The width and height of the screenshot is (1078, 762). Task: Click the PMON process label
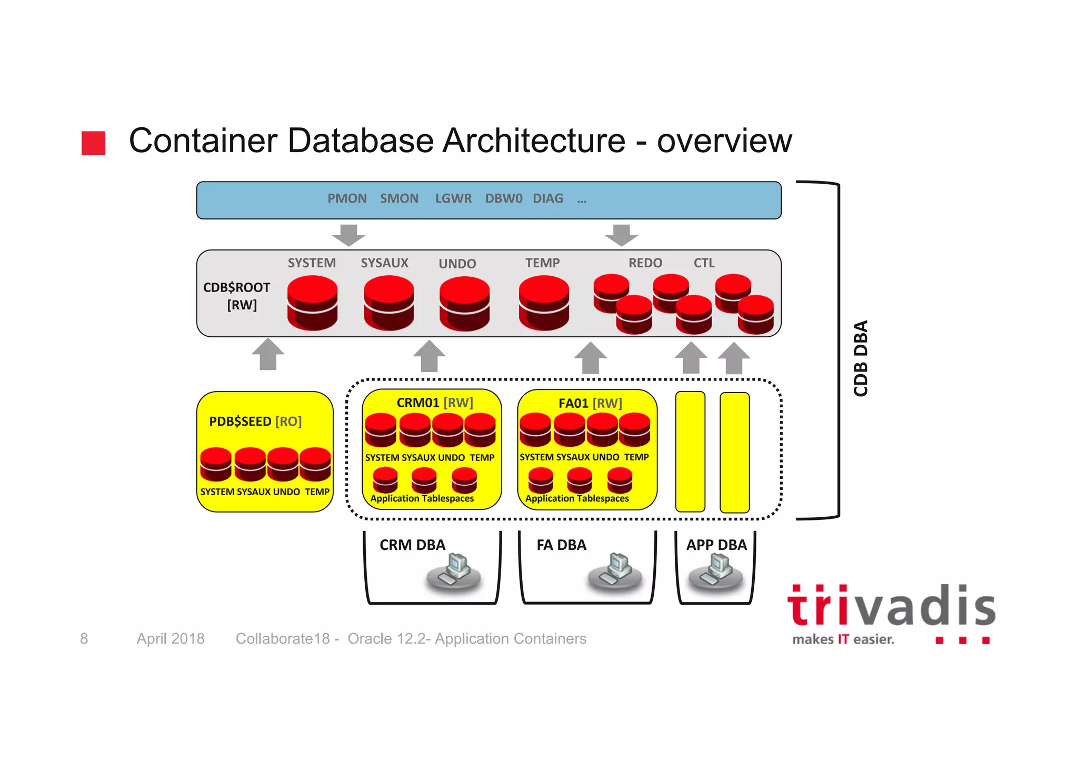coord(347,198)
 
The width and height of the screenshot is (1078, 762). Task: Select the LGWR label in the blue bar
coord(453,198)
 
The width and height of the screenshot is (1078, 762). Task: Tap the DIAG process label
coord(547,198)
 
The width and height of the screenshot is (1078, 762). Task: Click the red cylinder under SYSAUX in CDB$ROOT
coord(388,303)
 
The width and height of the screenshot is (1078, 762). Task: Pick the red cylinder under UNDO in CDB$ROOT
coord(464,304)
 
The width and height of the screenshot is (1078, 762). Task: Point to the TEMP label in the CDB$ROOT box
coord(542,263)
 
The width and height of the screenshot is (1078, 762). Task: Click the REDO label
coord(645,263)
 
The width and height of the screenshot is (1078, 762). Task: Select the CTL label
coord(704,263)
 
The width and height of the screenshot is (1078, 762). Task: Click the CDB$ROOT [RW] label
coord(237,296)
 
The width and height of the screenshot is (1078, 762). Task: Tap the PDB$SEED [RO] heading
coord(255,422)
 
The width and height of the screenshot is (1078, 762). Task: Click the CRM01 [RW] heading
coord(435,403)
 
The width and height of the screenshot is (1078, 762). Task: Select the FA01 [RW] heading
coord(590,403)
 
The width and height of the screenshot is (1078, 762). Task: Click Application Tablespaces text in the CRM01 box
coord(422,498)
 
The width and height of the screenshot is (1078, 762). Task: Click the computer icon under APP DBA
coord(716,572)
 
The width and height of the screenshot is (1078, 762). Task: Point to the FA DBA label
coord(561,545)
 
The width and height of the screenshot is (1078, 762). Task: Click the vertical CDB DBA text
coord(861,358)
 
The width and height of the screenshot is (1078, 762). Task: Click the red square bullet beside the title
coord(94,143)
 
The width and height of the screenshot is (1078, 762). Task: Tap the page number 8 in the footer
coord(84,638)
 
